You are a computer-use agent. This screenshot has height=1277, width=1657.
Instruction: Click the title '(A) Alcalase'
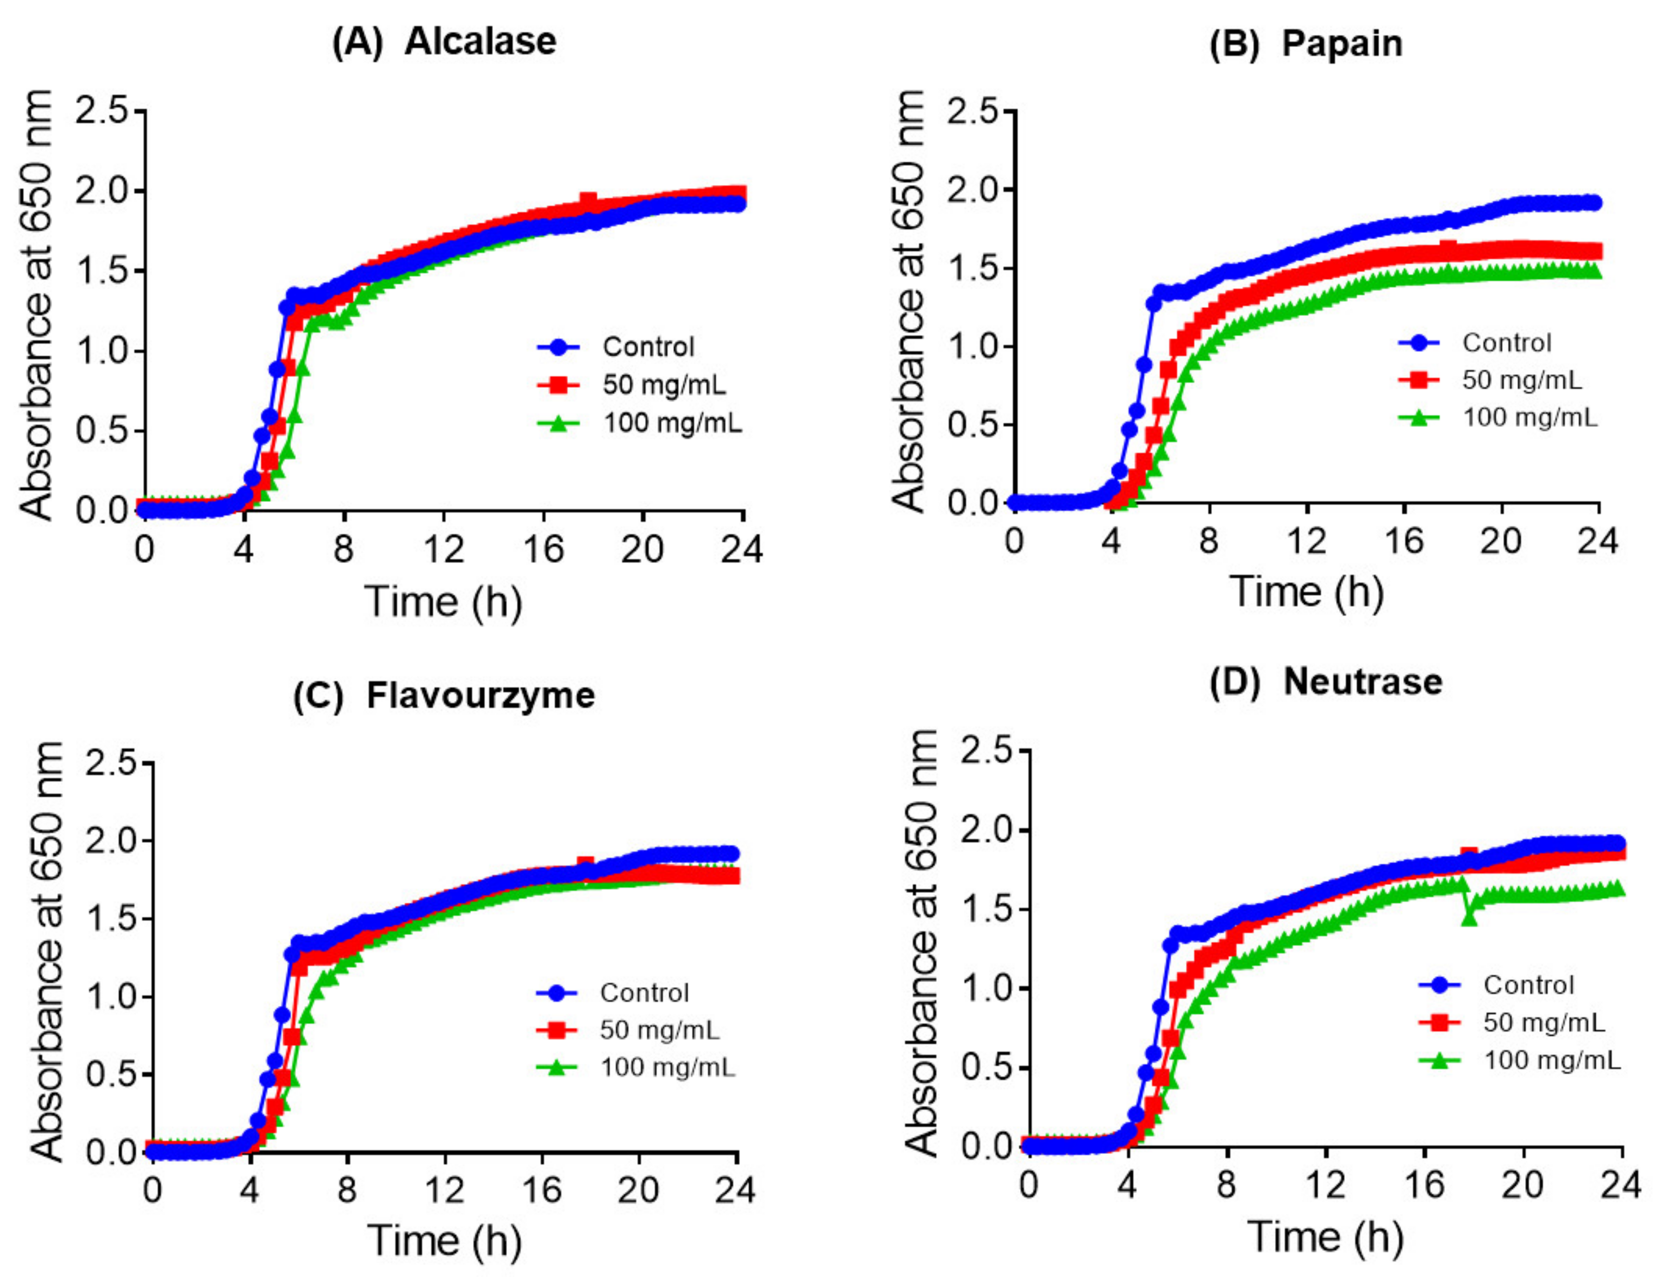pyautogui.click(x=444, y=42)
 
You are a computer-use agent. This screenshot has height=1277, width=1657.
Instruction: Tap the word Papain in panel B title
pyautogui.click(x=1342, y=44)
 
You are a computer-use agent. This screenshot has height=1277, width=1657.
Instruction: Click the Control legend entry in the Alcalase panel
pyautogui.click(x=647, y=347)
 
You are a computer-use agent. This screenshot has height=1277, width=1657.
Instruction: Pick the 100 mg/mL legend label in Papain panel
pyautogui.click(x=1529, y=417)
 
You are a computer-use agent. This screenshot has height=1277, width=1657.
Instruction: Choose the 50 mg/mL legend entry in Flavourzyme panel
pyautogui.click(x=658, y=1030)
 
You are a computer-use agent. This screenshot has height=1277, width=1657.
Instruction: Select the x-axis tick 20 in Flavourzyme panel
pyautogui.click(x=638, y=1190)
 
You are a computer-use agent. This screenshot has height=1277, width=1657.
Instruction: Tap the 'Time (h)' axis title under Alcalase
pyautogui.click(x=444, y=602)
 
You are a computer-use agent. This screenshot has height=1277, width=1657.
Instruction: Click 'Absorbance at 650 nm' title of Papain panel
pyautogui.click(x=908, y=301)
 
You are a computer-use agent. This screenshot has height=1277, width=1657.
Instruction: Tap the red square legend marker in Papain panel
pyautogui.click(x=1418, y=379)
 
